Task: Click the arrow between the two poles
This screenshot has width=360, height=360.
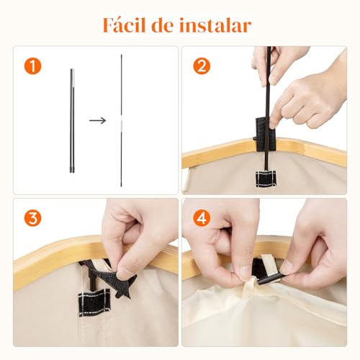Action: pyautogui.click(x=98, y=120)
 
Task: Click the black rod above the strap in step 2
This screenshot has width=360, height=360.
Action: pyautogui.click(x=269, y=79)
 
